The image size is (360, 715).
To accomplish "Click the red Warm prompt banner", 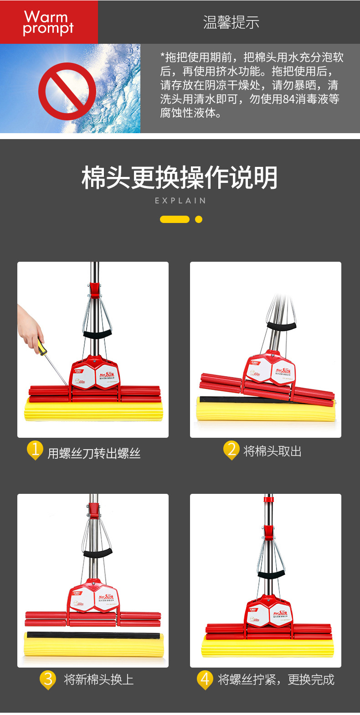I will pos(49,22).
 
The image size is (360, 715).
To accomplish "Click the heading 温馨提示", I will pos(231,22).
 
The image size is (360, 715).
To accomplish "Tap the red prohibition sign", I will pos(67,91).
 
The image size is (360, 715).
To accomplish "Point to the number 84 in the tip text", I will pos(289,99).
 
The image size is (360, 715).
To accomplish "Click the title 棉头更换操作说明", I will pos(180,177).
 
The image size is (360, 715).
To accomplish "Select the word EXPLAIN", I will pos(180,201).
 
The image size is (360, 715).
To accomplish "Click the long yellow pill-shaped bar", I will pos(175,219).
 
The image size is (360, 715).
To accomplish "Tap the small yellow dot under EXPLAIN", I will pos(199,219).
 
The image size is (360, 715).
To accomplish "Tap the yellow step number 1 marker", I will pos(35,450).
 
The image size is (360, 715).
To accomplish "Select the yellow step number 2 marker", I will pos(231,450).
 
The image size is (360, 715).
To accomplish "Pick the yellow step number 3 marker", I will pos(47,679).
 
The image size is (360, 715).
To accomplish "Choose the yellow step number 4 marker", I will pos(205,679).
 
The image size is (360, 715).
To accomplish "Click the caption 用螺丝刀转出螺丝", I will pos(94,453).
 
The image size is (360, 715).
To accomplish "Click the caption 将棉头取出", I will pos(273,451).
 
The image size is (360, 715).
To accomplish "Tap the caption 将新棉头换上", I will pos(99,679).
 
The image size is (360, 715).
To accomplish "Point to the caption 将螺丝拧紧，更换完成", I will pos(276,679).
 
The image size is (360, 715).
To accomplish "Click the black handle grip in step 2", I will pos(281,326).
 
